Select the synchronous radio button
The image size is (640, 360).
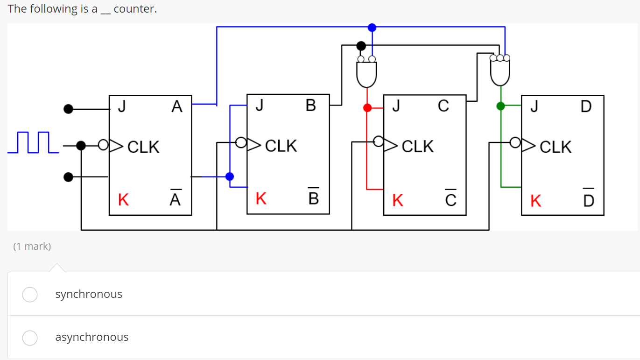(x=30, y=294)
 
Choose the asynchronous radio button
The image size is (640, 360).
(x=30, y=338)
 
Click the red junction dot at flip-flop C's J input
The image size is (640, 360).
(x=367, y=108)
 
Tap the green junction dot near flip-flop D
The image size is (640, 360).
(x=500, y=106)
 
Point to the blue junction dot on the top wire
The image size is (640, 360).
(x=372, y=28)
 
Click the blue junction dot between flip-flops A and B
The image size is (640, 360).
(x=230, y=176)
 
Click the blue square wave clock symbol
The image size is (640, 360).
(x=33, y=142)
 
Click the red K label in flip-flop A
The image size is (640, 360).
(x=123, y=200)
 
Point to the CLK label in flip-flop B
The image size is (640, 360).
(x=281, y=146)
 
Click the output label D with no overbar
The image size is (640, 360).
(x=586, y=107)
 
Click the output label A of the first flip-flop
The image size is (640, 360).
(x=176, y=107)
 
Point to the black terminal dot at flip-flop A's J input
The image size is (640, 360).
(x=69, y=109)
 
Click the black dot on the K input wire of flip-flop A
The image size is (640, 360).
(x=69, y=177)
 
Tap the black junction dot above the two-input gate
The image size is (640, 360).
(x=361, y=46)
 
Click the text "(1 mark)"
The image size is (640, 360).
(x=32, y=247)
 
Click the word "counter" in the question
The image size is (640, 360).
(x=135, y=9)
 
